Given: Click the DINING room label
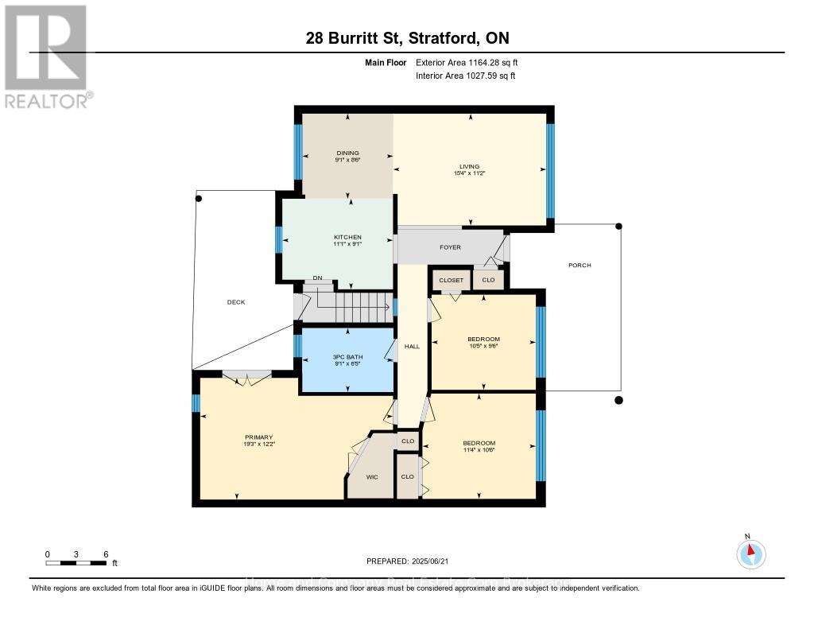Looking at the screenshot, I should [x=347, y=153].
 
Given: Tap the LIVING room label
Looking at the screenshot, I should [x=470, y=166].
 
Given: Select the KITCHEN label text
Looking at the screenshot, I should [x=347, y=237].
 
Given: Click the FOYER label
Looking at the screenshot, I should [x=451, y=247].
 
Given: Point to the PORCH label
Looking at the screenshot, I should [x=579, y=265].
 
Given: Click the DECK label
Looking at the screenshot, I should [x=236, y=302].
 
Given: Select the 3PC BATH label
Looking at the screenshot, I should [x=347, y=359].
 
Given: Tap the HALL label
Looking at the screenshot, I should [x=412, y=346].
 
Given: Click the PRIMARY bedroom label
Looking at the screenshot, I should [x=258, y=437].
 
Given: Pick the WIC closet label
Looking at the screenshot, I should [x=371, y=477].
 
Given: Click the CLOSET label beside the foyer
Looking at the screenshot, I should [x=451, y=281].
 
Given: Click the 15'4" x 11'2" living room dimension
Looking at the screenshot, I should [x=470, y=173].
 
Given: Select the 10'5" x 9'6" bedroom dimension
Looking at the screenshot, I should [x=483, y=347].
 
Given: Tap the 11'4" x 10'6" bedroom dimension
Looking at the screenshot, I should [x=479, y=451].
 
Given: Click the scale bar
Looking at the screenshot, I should [x=76, y=563].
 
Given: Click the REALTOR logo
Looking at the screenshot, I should [x=46, y=56].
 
